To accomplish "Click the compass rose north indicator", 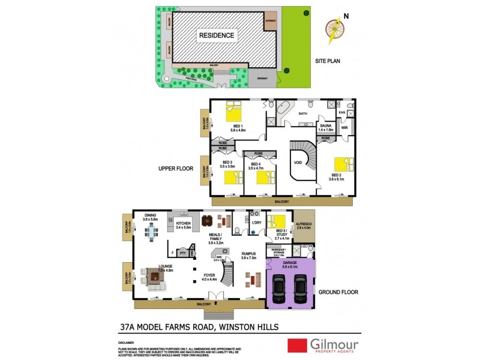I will pyautogui.click(x=335, y=29).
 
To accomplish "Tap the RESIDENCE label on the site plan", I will pyautogui.click(x=217, y=35).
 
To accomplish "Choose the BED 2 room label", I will pyautogui.click(x=335, y=175).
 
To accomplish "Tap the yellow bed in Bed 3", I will pyautogui.click(x=231, y=178).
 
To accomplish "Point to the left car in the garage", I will pyautogui.click(x=280, y=291).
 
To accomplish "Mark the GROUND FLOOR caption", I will pyautogui.click(x=339, y=292).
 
